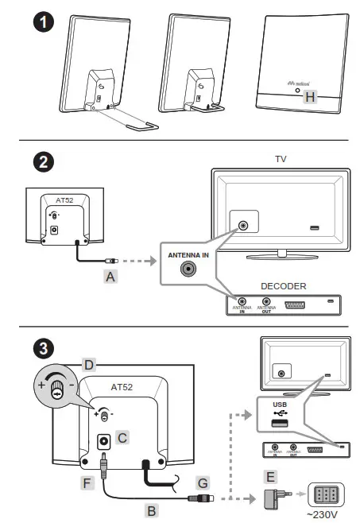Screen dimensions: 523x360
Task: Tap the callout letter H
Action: [310, 97]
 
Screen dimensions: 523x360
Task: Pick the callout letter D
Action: [89, 365]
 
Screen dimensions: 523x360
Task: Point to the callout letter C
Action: [122, 436]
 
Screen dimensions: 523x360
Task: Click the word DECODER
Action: [282, 285]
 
